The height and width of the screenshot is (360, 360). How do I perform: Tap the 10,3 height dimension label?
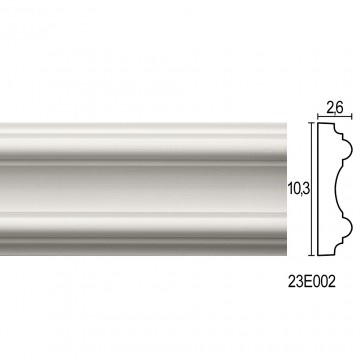pos(299,189)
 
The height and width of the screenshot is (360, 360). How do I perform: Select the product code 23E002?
pos(311,283)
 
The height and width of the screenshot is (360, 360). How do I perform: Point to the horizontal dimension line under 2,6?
pos(335,117)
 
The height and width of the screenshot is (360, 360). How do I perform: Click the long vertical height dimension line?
pos(312,189)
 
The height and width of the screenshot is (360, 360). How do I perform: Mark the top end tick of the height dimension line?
pos(312,123)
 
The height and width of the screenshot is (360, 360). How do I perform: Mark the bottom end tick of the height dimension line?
pos(312,256)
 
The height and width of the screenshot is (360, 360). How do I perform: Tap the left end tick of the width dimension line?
pos(318,117)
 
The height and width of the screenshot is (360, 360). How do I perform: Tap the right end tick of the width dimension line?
pos(352,117)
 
